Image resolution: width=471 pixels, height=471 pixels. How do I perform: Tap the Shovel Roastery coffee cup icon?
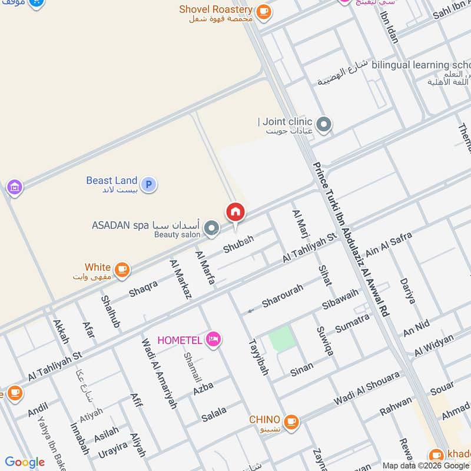(x=264, y=11)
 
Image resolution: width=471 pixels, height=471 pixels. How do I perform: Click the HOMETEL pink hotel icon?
(x=214, y=339)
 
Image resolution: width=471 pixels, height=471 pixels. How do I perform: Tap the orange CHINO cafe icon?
(x=290, y=422)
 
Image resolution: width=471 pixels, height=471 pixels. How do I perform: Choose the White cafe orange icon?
(x=122, y=270)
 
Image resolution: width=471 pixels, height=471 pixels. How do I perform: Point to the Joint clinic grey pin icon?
(x=323, y=125)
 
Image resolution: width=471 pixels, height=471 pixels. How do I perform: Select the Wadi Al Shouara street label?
(x=367, y=389)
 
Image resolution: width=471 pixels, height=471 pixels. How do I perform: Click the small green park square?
(x=280, y=340)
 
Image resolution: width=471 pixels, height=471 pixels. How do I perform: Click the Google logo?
(x=25, y=462)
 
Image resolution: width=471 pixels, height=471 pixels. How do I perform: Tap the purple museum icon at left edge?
(x=15, y=188)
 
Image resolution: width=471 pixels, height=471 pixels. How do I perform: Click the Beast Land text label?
(x=111, y=181)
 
